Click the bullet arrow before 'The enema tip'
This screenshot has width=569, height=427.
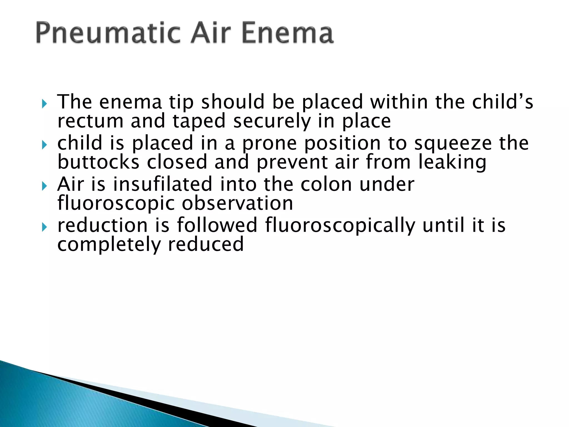44,104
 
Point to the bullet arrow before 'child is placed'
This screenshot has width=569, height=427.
44,145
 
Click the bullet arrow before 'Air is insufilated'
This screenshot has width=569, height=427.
44,186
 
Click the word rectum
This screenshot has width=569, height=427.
90,121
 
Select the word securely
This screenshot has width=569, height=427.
272,121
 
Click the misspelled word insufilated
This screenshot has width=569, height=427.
163,184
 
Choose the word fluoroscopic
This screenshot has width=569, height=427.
116,204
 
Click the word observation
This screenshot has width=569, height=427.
238,203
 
